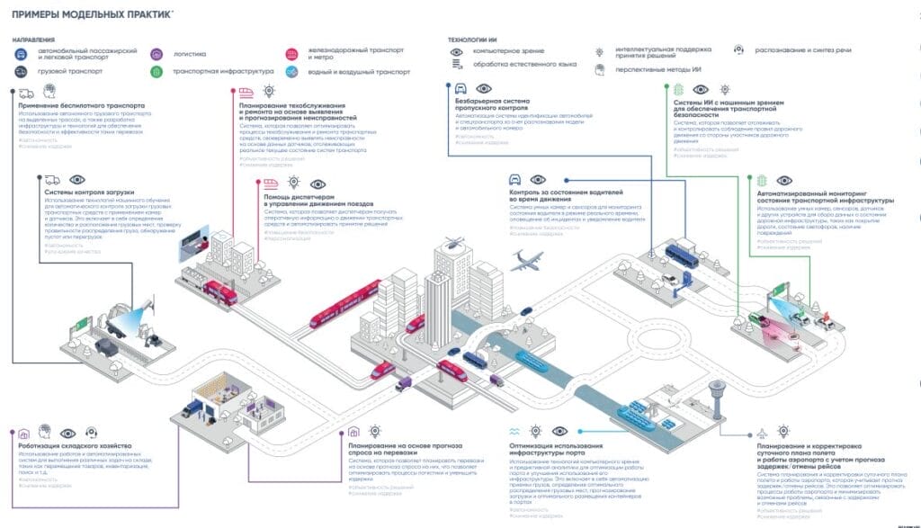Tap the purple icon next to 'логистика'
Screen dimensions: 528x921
157,54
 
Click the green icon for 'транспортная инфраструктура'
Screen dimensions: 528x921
157,70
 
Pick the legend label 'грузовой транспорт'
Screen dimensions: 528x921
70,70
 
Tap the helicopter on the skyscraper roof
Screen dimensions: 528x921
454,240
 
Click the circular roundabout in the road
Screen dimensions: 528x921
668,345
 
